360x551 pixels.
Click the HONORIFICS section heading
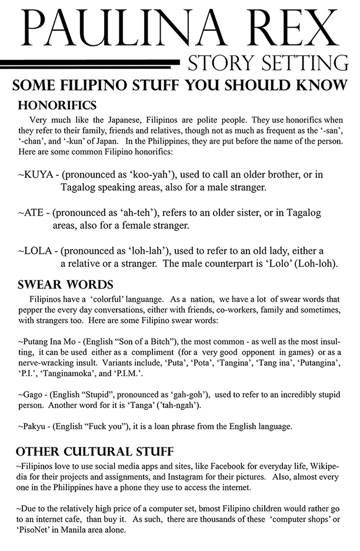click(x=58, y=106)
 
